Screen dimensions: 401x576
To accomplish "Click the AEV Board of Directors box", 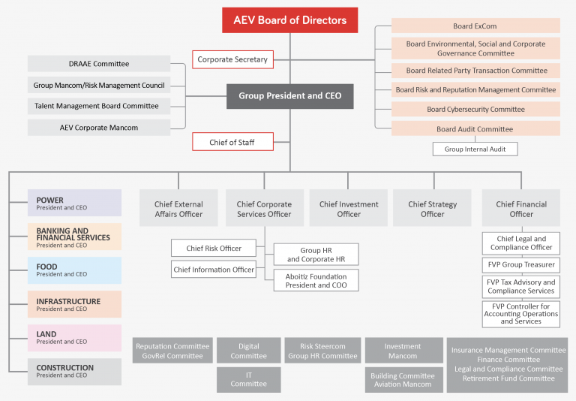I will pos(289,20).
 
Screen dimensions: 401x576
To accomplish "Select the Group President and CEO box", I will pos(289,96).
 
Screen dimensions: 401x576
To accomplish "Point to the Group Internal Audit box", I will pos(475,149).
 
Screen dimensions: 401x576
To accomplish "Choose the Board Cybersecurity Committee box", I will pos(475,110).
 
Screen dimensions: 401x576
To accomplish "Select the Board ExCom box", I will pos(475,27).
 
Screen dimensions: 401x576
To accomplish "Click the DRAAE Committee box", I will pos(99,65).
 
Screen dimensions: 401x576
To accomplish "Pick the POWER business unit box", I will pos(74,204).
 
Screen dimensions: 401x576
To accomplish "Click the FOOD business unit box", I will pos(74,270).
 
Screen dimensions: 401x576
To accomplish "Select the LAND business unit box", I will pos(74,337).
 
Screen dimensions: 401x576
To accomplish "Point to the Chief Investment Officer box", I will pos(348,209).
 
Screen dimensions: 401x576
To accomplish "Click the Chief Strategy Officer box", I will pos(432,209).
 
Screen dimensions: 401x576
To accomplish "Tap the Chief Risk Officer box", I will pos(214,249).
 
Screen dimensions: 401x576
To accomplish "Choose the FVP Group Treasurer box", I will pos(520,265).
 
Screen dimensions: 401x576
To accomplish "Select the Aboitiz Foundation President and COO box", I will pos(316,280).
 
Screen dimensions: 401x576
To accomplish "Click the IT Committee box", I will pos(248,379).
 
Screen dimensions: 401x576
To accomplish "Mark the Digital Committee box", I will pos(248,351).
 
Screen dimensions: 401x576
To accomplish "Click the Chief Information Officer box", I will pos(214,270).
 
